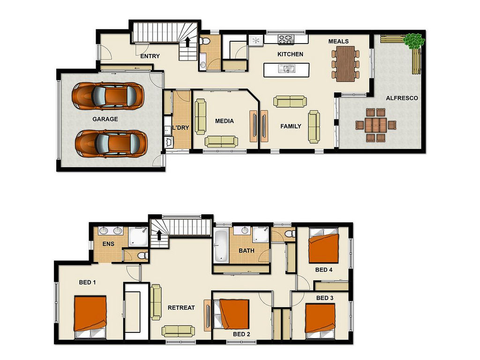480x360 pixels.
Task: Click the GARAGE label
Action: (x=105, y=119)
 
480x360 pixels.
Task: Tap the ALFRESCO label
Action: (x=402, y=98)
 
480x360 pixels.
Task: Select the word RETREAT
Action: (x=181, y=307)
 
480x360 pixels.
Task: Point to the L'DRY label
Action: (x=180, y=127)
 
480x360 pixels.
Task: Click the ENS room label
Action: (x=108, y=244)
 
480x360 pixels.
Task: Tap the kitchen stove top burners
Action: (x=285, y=39)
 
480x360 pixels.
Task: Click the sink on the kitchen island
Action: (x=287, y=68)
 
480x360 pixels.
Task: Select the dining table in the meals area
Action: (x=345, y=64)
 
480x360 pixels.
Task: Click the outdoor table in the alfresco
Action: (x=375, y=125)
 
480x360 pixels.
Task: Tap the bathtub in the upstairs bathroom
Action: (x=221, y=246)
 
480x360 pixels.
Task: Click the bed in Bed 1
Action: (x=90, y=317)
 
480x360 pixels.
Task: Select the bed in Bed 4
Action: (x=323, y=246)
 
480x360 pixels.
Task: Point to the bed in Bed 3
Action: (x=320, y=321)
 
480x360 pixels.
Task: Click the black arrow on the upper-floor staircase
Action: (x=159, y=235)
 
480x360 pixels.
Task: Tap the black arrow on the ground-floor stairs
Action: (x=187, y=42)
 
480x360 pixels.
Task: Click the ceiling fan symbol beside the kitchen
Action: (x=255, y=40)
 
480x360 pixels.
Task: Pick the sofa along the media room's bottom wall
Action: (x=221, y=142)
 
